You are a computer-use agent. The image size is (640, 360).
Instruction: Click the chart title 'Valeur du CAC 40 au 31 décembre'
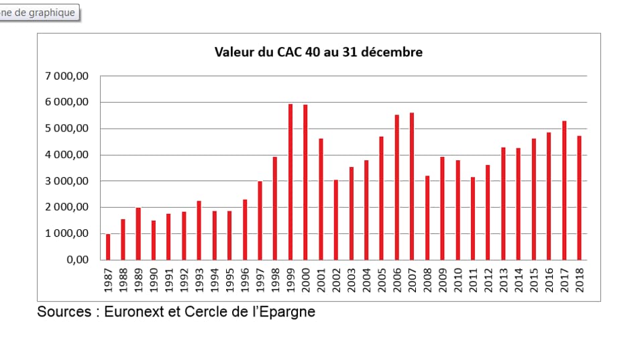[318, 52]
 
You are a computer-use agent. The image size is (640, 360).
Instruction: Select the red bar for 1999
[290, 182]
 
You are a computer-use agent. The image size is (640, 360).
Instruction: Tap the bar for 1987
[108, 247]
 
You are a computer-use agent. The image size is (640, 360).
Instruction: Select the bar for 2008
[427, 218]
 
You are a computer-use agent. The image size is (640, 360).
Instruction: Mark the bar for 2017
[564, 190]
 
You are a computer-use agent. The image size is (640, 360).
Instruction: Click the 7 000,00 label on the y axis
[67, 76]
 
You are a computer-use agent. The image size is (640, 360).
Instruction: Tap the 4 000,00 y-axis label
[67, 155]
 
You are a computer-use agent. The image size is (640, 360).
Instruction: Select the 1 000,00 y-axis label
[67, 234]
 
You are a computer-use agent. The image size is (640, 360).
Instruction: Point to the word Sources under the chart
[64, 312]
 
